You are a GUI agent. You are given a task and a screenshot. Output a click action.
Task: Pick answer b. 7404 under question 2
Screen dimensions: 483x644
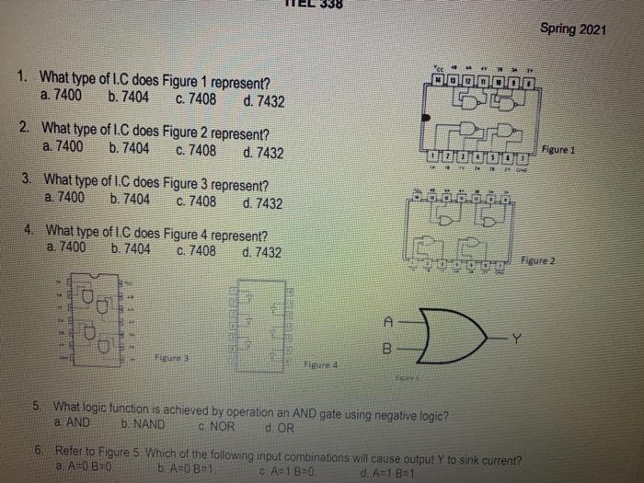tap(129, 146)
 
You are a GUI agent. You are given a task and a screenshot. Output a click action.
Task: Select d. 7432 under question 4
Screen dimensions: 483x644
tap(262, 252)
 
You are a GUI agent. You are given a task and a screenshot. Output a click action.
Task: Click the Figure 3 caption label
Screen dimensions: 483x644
tap(173, 354)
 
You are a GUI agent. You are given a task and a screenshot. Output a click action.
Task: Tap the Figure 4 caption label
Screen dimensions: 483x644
tap(323, 365)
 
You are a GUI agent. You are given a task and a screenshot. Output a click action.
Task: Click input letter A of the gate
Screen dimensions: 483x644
tap(388, 321)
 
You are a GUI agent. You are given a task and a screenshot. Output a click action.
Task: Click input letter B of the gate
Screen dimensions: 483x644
tap(388, 350)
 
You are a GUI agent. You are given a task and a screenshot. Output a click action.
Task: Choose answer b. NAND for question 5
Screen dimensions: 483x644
tap(143, 425)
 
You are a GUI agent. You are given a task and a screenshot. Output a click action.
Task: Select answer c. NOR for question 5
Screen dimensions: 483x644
tap(216, 427)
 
